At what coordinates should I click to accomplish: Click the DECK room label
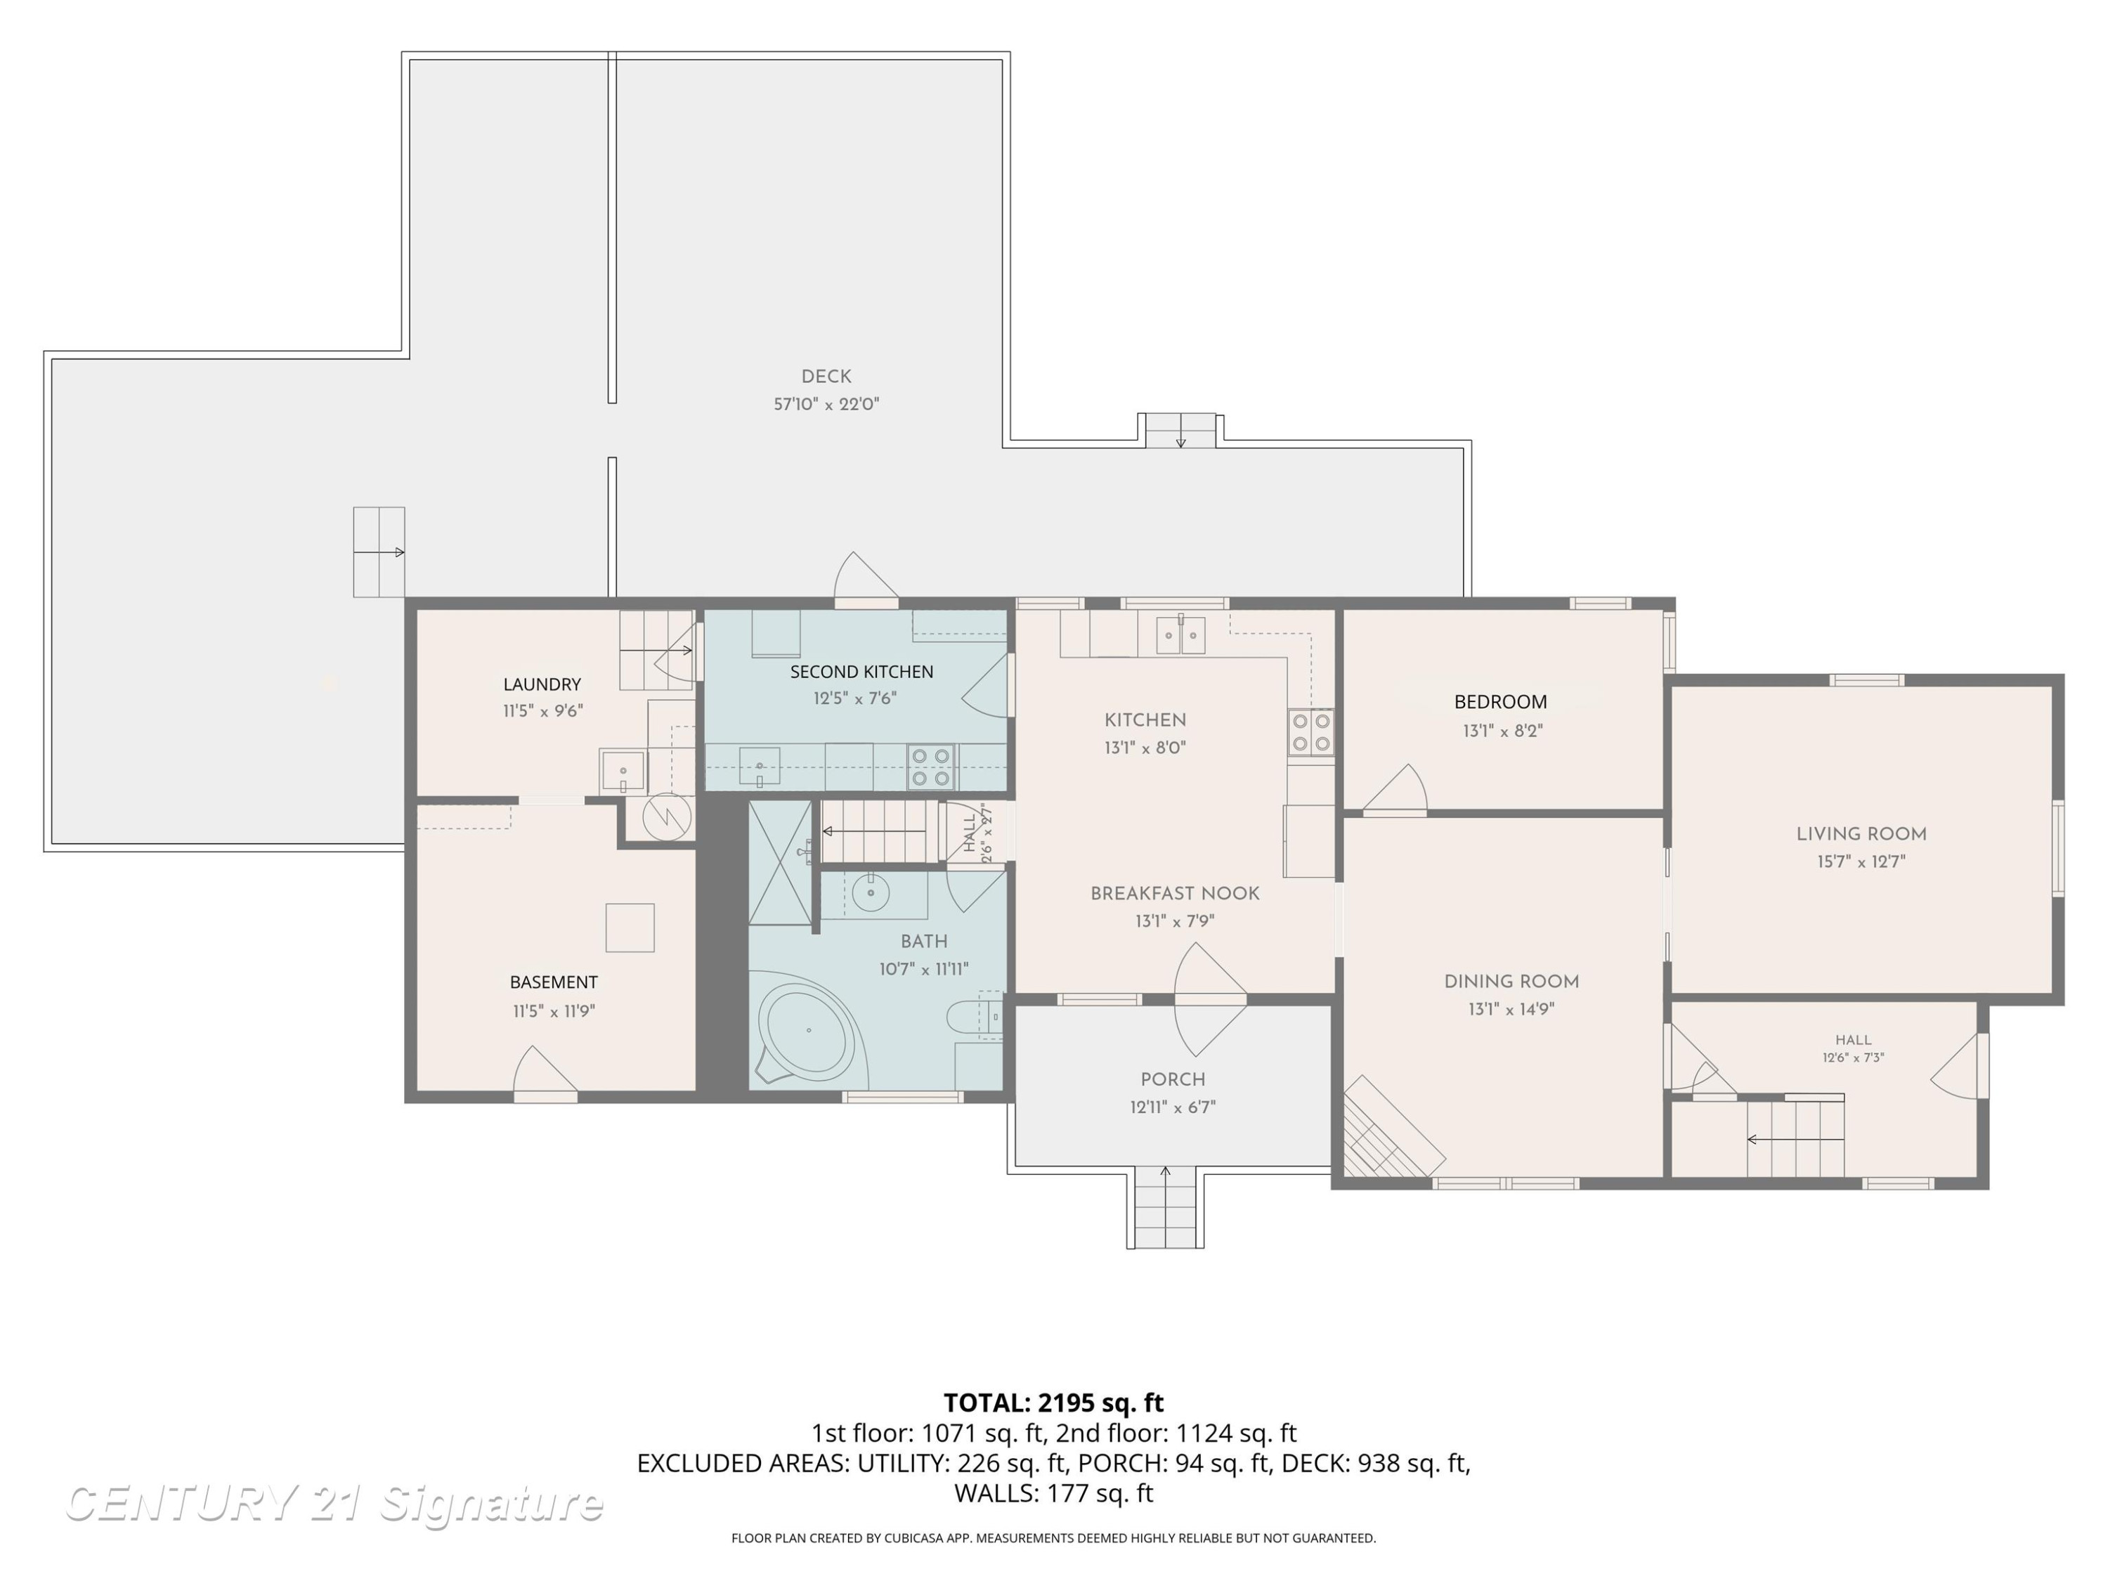click(826, 377)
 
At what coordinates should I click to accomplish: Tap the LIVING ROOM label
click(1861, 834)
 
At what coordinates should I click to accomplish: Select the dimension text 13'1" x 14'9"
click(1511, 1008)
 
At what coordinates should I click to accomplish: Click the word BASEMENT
click(554, 982)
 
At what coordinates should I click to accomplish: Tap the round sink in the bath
click(870, 893)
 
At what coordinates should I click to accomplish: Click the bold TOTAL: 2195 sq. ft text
click(1054, 1403)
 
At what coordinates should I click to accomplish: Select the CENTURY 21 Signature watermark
click(334, 1504)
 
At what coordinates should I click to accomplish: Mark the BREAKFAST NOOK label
click(1175, 894)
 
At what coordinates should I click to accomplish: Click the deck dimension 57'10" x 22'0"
click(826, 404)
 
